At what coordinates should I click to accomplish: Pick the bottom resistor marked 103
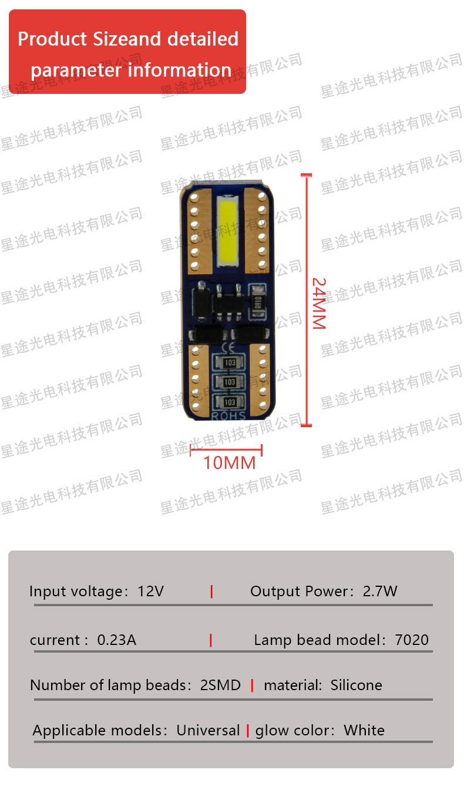click(230, 401)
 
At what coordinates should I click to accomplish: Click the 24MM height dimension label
click(318, 302)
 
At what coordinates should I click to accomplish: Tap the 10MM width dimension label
click(229, 463)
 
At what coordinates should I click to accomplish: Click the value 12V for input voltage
click(150, 591)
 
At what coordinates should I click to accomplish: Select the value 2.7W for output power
click(379, 591)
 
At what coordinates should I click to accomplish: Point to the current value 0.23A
click(116, 640)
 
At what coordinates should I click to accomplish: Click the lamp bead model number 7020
click(412, 640)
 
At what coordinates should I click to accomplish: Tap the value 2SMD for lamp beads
click(220, 685)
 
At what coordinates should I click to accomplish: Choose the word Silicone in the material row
click(356, 685)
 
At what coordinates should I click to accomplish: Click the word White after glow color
click(364, 731)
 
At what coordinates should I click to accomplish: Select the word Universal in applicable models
click(208, 731)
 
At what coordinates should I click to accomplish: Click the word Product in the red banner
click(52, 39)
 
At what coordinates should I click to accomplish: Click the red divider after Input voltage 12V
click(211, 592)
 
